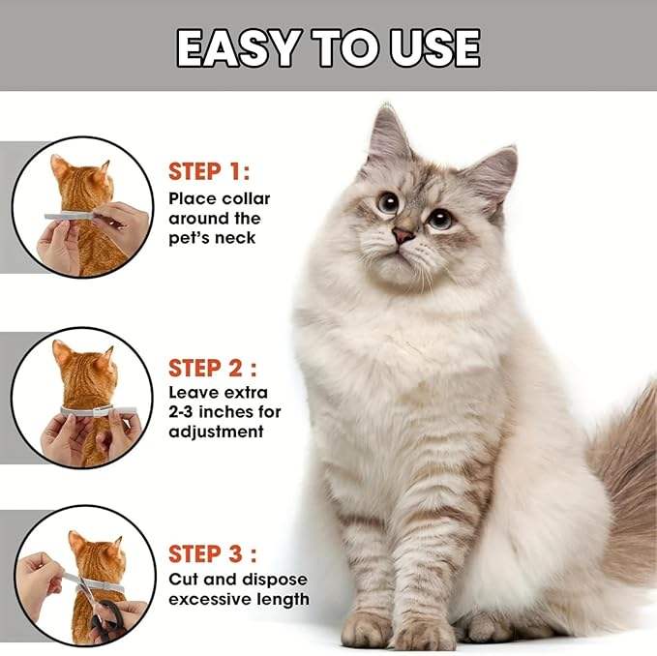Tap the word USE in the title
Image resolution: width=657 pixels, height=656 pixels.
pyautogui.click(x=434, y=48)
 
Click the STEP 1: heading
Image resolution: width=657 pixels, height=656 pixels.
pyautogui.click(x=209, y=171)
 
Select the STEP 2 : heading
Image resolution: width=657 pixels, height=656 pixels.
pyautogui.click(x=213, y=368)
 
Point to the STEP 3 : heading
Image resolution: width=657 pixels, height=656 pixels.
pyautogui.click(x=213, y=553)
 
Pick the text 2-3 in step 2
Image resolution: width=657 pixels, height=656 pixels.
pyautogui.click(x=181, y=412)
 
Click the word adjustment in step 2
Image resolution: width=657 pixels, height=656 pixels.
pyautogui.click(x=216, y=432)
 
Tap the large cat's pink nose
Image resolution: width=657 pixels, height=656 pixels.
pyautogui.click(x=403, y=234)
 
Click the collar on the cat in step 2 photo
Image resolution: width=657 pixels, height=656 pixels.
pyautogui.click(x=99, y=411)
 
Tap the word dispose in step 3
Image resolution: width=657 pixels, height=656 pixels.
pyautogui.click(x=275, y=581)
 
